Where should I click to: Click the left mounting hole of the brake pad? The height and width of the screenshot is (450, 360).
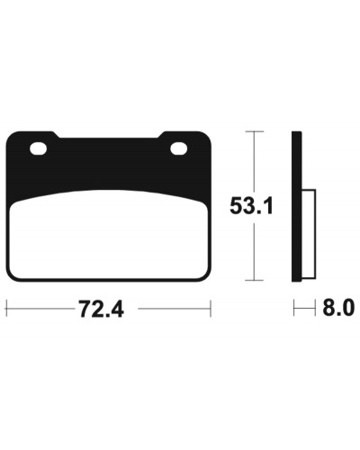[38, 148]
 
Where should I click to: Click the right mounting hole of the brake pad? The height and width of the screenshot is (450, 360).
[179, 148]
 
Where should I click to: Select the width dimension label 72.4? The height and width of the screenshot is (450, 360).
[101, 309]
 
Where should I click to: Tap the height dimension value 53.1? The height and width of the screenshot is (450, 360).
[251, 206]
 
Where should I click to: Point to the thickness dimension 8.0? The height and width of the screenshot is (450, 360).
[338, 308]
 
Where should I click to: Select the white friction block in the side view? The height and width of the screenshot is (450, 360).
[309, 233]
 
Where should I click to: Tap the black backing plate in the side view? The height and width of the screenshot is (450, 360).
[297, 206]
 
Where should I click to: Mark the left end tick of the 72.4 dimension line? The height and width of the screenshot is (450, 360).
[6, 308]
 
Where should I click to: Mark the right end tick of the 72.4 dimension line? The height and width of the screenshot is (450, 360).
[211, 308]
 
